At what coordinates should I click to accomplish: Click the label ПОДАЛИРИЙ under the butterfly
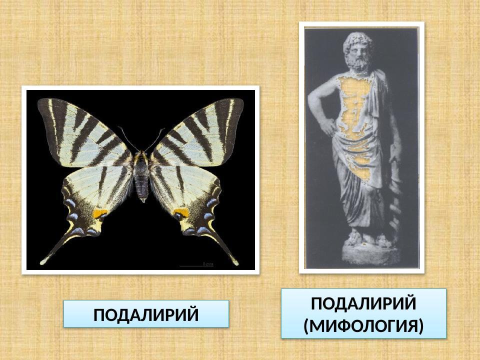pos(146,314)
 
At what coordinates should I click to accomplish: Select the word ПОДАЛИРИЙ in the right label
pos(363,303)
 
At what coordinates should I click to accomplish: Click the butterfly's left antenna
pos(128,137)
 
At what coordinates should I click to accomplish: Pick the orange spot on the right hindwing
pos(180,213)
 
